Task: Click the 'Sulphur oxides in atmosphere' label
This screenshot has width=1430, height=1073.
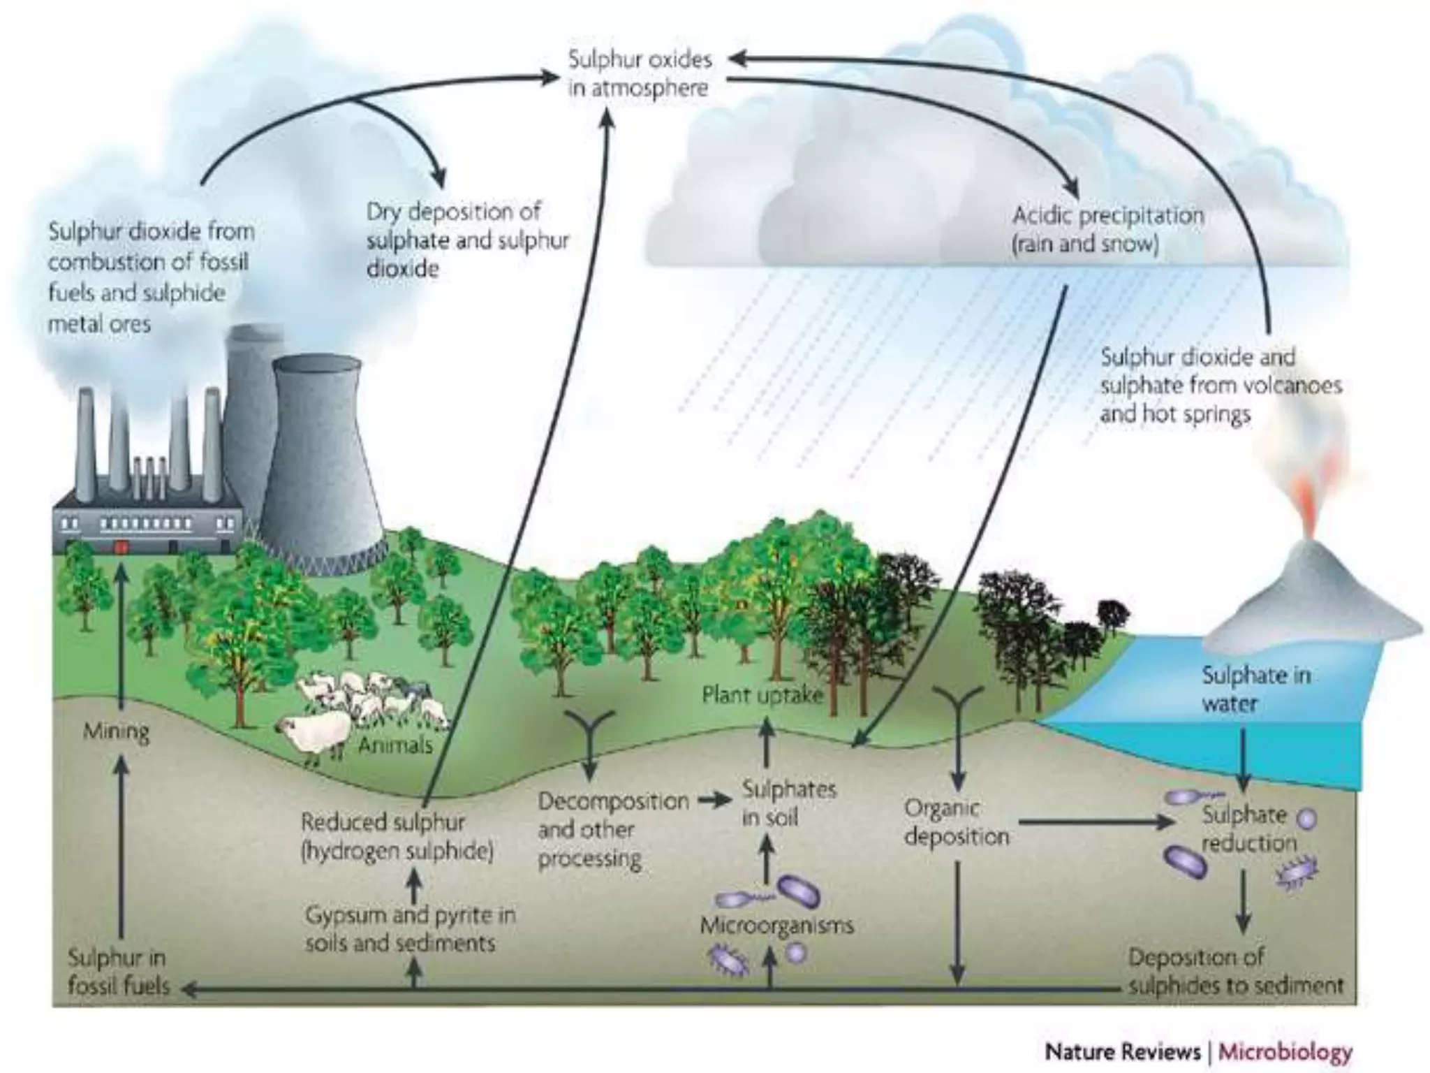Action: (x=640, y=73)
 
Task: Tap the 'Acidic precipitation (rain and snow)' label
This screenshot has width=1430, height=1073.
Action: (x=1107, y=229)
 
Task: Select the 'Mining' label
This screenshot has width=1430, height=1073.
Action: (x=116, y=731)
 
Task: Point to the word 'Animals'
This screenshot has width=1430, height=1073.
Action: (x=395, y=745)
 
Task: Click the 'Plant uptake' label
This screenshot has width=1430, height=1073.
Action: (x=762, y=695)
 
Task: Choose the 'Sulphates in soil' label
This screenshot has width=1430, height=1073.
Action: (x=788, y=803)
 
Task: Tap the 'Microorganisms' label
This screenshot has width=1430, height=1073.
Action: (x=776, y=926)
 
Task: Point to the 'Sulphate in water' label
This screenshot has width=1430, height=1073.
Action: (x=1255, y=689)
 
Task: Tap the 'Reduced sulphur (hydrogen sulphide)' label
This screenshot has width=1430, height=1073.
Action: (x=397, y=836)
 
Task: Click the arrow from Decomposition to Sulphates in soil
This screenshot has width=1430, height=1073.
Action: (x=714, y=801)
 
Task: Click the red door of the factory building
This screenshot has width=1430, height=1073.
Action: (x=121, y=546)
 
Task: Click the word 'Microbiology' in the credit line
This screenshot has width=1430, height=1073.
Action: (x=1285, y=1051)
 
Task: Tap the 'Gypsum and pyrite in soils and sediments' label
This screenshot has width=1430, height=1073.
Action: (x=410, y=929)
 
